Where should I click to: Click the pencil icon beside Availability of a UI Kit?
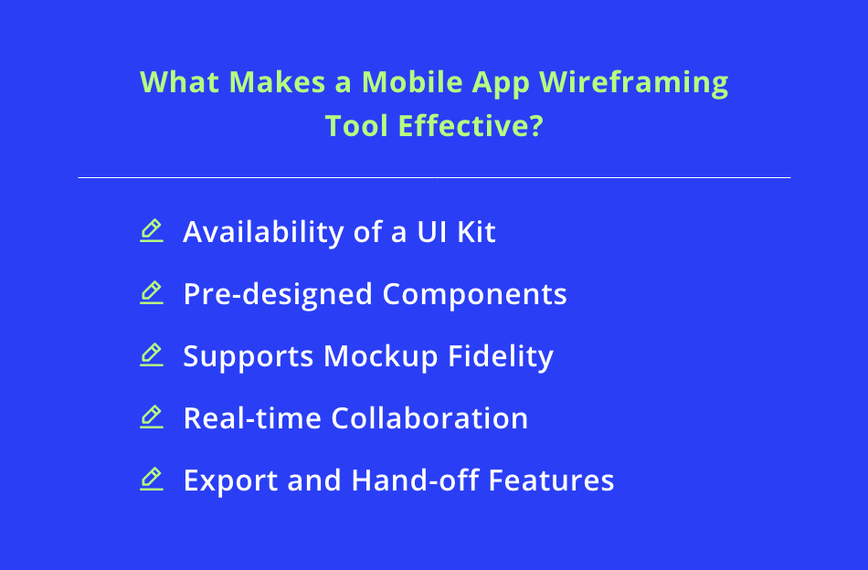(152, 230)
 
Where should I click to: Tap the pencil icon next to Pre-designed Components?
(152, 292)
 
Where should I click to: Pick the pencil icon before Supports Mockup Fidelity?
(152, 354)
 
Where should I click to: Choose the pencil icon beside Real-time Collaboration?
(152, 417)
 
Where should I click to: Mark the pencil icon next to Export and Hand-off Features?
(152, 479)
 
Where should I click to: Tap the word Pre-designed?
(278, 294)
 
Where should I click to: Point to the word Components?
(474, 294)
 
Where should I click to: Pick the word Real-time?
(252, 418)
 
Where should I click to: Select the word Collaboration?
(429, 418)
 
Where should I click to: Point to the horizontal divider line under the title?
(434, 177)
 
